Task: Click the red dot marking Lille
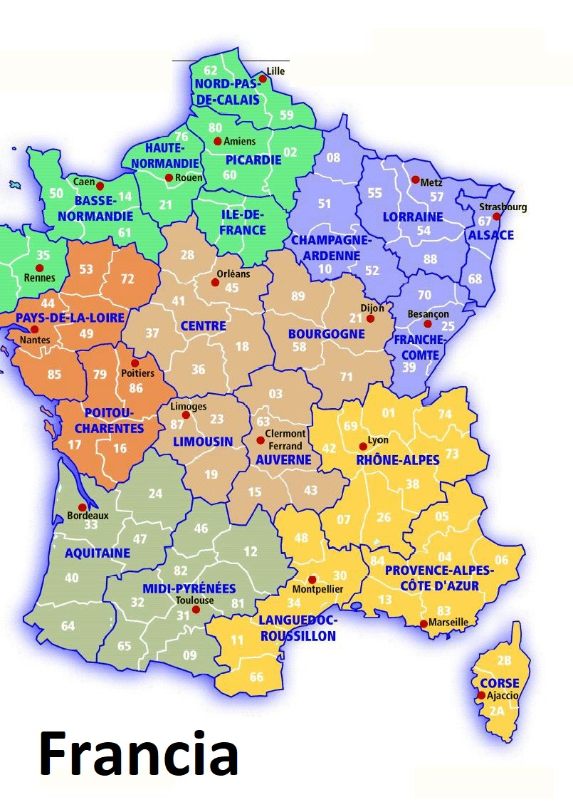[x=263, y=78]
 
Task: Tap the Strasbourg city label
[x=503, y=207]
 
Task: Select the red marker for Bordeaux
[x=83, y=507]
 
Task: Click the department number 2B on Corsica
[x=504, y=660]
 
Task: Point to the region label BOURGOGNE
[x=326, y=334]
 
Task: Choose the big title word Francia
[x=138, y=754]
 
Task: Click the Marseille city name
[x=448, y=622]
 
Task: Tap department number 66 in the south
[x=256, y=677]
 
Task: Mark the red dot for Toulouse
[x=196, y=610]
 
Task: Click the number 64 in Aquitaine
[x=68, y=626]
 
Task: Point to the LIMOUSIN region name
[x=204, y=442]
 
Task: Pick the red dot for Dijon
[x=370, y=318]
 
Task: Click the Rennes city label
[x=39, y=278]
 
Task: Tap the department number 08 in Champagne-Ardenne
[x=333, y=157]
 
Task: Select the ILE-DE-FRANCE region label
[x=242, y=222]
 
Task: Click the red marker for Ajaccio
[x=482, y=695]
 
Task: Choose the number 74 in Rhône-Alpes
[x=445, y=415]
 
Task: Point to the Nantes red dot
[x=34, y=329]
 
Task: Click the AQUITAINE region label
[x=98, y=553]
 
